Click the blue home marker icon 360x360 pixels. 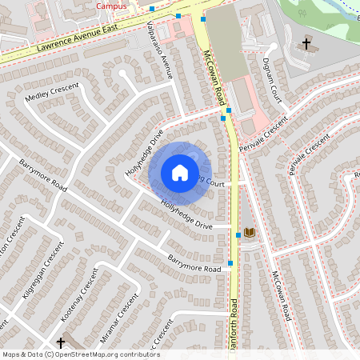180,172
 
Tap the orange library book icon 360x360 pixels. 250,232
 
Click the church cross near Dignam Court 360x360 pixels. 306,43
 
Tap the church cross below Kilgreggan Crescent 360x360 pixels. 61,342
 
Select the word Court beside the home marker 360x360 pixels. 213,182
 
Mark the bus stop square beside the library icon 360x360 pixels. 238,235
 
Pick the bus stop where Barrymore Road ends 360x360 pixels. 230,262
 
